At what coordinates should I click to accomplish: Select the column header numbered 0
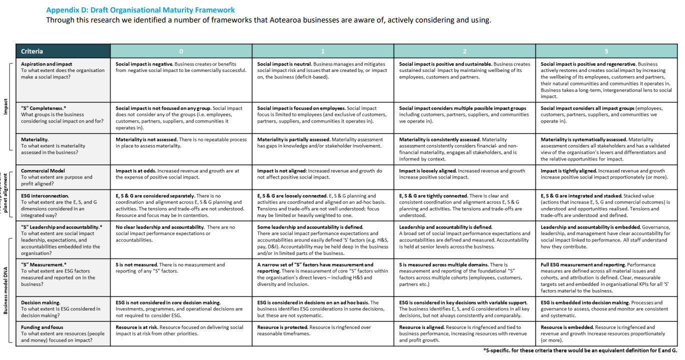(181, 51)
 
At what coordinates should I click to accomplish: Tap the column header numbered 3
(606, 51)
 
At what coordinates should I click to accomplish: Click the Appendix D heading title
(140, 10)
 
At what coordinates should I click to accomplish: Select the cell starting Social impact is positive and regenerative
(606, 80)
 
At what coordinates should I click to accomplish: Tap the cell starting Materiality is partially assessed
(322, 142)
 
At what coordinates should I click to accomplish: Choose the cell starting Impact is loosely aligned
(464, 173)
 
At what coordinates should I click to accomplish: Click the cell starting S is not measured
(180, 267)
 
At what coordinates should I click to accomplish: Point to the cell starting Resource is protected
(322, 330)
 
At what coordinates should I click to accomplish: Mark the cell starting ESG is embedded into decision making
(606, 309)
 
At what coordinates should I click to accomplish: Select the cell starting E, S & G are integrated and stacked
(606, 205)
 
